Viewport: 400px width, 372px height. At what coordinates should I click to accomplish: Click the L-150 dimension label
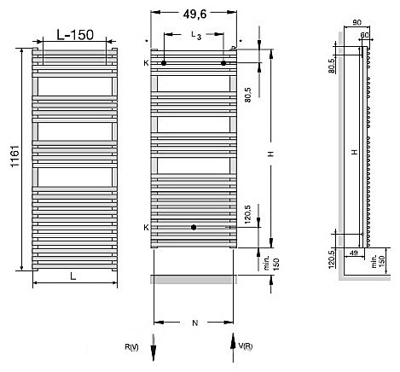tap(74, 35)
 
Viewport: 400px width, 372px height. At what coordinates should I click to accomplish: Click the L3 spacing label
tap(196, 36)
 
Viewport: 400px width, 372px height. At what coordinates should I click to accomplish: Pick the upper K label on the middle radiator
tap(146, 63)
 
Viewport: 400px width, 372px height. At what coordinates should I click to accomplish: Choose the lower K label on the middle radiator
tap(146, 228)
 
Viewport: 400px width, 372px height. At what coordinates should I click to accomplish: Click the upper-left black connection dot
tap(165, 63)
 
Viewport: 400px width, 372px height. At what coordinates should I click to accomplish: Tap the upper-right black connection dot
tap(224, 63)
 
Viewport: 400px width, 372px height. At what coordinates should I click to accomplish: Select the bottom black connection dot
tap(194, 228)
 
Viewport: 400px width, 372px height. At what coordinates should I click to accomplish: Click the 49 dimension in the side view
tap(353, 253)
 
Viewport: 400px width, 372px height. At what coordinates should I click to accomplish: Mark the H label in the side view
tap(353, 151)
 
